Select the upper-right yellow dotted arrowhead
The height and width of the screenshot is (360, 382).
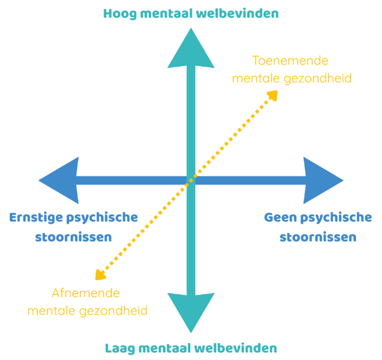click(273, 95)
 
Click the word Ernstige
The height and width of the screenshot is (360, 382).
click(35, 218)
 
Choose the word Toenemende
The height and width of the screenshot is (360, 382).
click(291, 60)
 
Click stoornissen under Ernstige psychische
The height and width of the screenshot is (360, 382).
click(73, 237)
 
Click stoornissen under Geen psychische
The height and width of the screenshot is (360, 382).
click(318, 237)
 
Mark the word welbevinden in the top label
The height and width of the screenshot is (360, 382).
click(238, 13)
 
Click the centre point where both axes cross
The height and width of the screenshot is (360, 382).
click(190, 180)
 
